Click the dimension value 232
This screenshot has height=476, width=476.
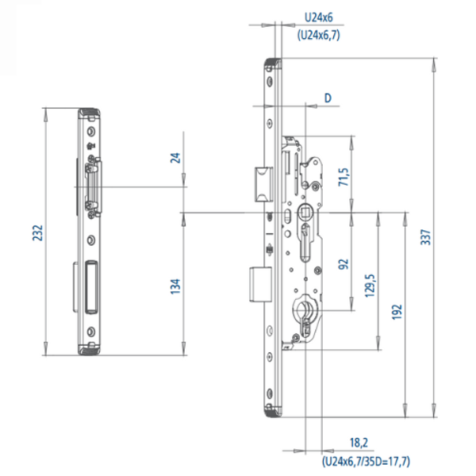pyautogui.click(x=37, y=233)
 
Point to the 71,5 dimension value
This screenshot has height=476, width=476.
pyautogui.click(x=344, y=175)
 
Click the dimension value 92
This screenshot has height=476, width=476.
pyautogui.click(x=344, y=263)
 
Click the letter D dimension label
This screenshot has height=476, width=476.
pyautogui.click(x=326, y=98)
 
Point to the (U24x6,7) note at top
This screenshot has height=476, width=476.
pyautogui.click(x=318, y=35)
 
